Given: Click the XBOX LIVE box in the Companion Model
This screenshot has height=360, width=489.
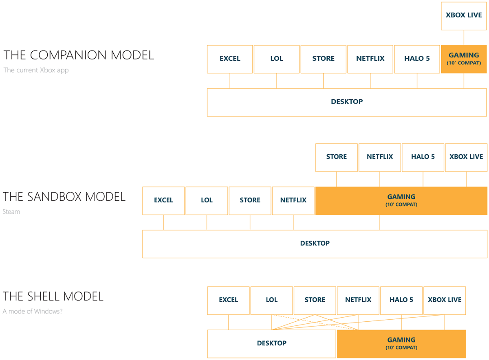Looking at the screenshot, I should click(x=464, y=15).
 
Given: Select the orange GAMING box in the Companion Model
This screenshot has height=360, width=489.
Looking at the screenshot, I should click(x=464, y=59).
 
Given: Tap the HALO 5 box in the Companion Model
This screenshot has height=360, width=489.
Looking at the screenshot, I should click(x=417, y=59).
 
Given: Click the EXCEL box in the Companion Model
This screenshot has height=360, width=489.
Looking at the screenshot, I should click(x=230, y=59).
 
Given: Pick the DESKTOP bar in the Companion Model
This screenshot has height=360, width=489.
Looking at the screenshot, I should click(x=347, y=102).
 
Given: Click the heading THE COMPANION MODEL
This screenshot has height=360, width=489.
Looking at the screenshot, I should click(x=79, y=55).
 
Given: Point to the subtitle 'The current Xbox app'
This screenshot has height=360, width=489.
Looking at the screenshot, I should click(x=36, y=70).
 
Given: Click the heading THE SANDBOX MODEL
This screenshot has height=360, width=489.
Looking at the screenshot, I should click(x=64, y=197).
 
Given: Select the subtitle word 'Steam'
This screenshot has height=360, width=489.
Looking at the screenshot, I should click(x=11, y=212).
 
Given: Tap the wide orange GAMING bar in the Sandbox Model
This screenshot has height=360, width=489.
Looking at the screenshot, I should click(x=401, y=200).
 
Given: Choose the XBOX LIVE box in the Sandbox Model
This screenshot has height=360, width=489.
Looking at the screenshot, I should click(x=466, y=157).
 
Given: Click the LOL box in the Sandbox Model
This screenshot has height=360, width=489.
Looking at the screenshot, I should click(x=207, y=200).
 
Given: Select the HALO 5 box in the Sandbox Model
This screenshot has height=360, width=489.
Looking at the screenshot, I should click(x=423, y=157).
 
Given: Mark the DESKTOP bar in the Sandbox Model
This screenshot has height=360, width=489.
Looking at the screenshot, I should click(x=315, y=244).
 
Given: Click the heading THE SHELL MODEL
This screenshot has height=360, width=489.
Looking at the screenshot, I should click(x=53, y=296).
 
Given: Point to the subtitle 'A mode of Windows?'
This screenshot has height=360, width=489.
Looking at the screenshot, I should click(x=33, y=312).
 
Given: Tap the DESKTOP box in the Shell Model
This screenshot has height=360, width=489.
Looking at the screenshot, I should click(x=272, y=344).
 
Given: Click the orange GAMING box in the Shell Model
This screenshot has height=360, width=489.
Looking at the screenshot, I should click(x=401, y=344).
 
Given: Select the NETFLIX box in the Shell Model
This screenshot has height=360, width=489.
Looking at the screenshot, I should click(x=358, y=300).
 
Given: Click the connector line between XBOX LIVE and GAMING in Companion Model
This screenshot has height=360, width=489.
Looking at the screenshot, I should click(x=464, y=37).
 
